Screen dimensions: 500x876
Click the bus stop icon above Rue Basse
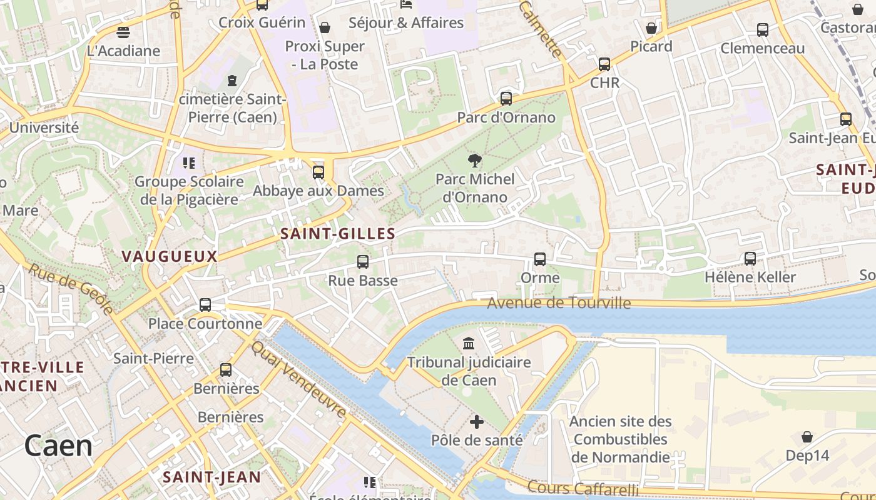coord(363,262)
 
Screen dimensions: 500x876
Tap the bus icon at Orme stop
coord(540,259)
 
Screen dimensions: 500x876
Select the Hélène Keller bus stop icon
coord(750,258)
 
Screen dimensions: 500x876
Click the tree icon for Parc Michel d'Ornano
coord(475,161)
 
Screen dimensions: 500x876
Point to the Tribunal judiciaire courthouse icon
coord(469,343)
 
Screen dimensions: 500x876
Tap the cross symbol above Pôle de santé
coord(477,422)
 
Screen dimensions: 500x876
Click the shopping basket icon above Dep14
coord(807,437)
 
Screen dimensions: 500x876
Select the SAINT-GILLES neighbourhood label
coord(338,234)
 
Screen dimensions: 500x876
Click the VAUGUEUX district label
coord(170,256)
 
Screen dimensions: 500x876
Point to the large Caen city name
coord(59,446)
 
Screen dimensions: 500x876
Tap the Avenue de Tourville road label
coord(559,303)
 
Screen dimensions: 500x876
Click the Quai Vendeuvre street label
coord(299,379)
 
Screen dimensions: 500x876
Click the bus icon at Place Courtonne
coord(205,305)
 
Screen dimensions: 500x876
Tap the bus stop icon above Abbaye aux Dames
coord(318,172)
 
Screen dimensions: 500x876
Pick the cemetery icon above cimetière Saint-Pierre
coord(232,81)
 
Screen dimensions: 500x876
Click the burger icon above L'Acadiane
coord(123,32)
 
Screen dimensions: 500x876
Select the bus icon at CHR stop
coord(604,64)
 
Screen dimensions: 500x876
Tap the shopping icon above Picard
coord(651,28)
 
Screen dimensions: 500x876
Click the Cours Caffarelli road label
coord(583,488)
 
